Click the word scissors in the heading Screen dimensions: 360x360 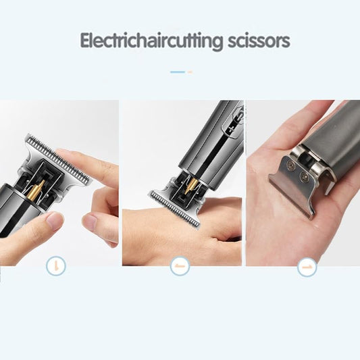point(259,41)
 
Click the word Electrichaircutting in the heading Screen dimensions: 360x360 point(151,41)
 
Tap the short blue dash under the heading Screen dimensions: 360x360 point(178,72)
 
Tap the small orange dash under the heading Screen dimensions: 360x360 point(190,72)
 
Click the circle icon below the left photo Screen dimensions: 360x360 point(56,266)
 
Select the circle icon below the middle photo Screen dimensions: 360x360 point(180,266)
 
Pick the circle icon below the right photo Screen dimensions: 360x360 point(307,267)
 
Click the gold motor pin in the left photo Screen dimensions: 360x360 point(37,190)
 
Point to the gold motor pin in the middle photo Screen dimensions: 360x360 point(192,185)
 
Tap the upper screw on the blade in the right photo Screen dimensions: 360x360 point(291,163)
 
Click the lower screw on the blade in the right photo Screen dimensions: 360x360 point(304,176)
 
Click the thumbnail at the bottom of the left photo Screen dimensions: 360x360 point(55,221)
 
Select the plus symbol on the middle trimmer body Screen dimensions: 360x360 point(230,131)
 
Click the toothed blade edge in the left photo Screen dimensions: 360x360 point(59,158)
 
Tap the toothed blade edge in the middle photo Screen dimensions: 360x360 point(175,209)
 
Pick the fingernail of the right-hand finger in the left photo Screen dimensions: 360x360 point(90,222)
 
